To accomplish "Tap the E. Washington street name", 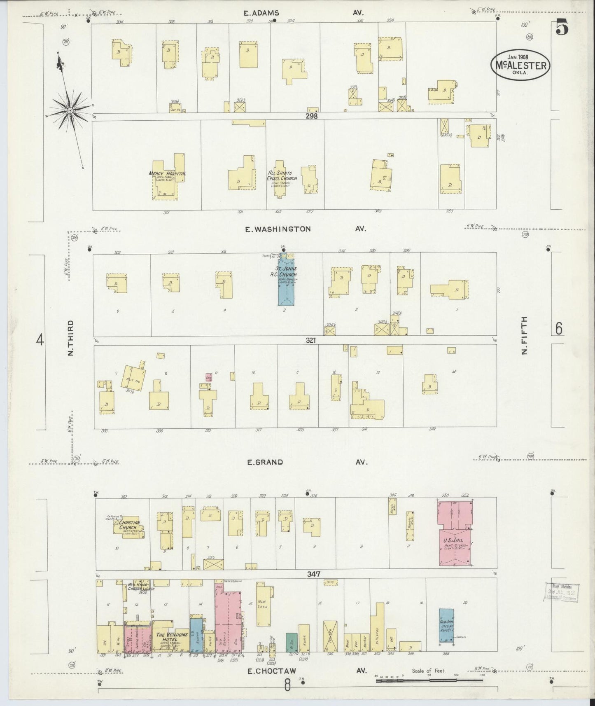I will [x=278, y=229].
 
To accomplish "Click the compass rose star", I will [x=70, y=110].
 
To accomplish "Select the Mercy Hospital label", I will [x=167, y=174].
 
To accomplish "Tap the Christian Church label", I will [x=130, y=525].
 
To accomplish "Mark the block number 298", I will [x=312, y=116].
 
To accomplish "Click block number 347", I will [x=313, y=574].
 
